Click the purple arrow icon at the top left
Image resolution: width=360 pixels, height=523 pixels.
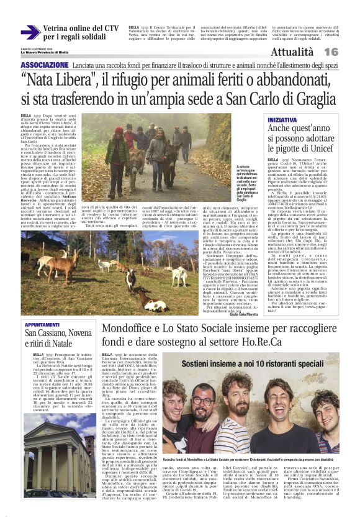(30, 32)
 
